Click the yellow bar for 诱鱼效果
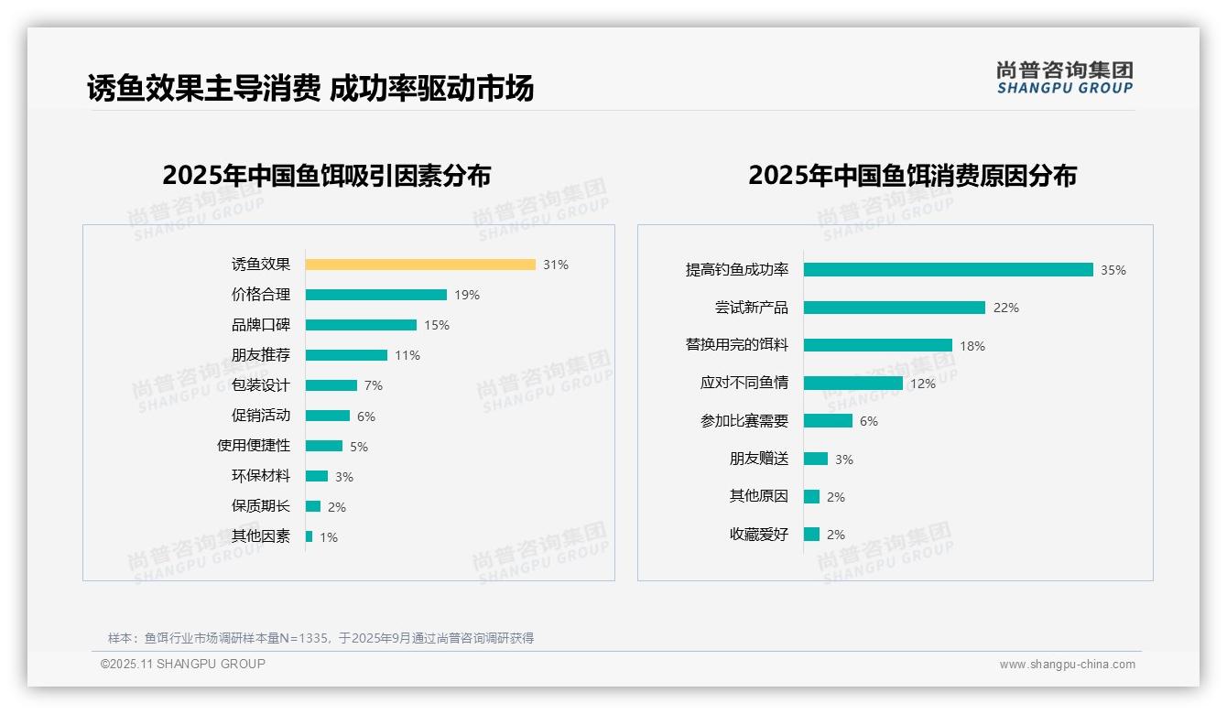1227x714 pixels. click(x=420, y=265)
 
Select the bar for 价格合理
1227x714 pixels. click(x=376, y=295)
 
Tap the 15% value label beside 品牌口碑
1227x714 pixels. click(x=437, y=325)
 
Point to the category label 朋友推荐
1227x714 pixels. click(x=261, y=355)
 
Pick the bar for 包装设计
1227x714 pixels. click(x=331, y=385)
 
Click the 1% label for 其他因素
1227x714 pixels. click(x=329, y=537)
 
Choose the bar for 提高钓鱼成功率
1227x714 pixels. click(x=949, y=270)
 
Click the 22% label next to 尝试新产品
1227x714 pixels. click(x=1005, y=308)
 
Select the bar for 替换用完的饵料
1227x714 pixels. click(x=878, y=345)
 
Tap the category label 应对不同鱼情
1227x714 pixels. click(x=744, y=383)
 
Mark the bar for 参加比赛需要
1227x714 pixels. click(x=828, y=421)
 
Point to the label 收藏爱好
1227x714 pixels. click(x=759, y=535)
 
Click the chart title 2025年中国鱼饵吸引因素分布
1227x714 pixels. click(x=327, y=176)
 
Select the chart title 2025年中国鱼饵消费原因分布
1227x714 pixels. click(x=912, y=176)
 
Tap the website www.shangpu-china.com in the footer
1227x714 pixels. click(x=1067, y=665)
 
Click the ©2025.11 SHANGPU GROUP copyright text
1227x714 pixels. click(x=183, y=664)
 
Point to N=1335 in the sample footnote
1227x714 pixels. click(x=303, y=638)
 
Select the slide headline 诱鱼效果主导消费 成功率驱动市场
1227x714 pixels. click(x=310, y=89)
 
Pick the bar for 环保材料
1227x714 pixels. click(x=317, y=476)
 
